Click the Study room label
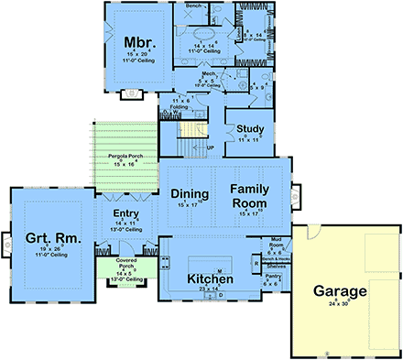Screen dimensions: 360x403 [251, 128]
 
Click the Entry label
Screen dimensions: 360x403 [125, 213]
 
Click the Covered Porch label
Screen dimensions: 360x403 [125, 264]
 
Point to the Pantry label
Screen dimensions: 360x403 [272, 275]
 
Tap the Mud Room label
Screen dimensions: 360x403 [276, 241]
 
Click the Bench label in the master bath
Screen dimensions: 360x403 [194, 5]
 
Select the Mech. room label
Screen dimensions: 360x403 [208, 72]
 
